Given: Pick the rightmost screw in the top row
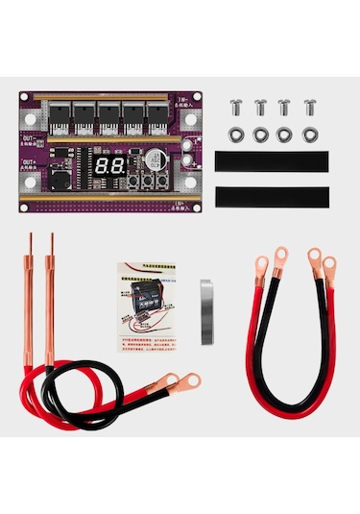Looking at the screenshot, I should click(x=309, y=107).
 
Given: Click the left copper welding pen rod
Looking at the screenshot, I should click(x=29, y=298).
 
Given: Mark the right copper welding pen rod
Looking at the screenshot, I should click(x=48, y=298).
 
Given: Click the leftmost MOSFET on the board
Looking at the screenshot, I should click(x=60, y=118).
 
